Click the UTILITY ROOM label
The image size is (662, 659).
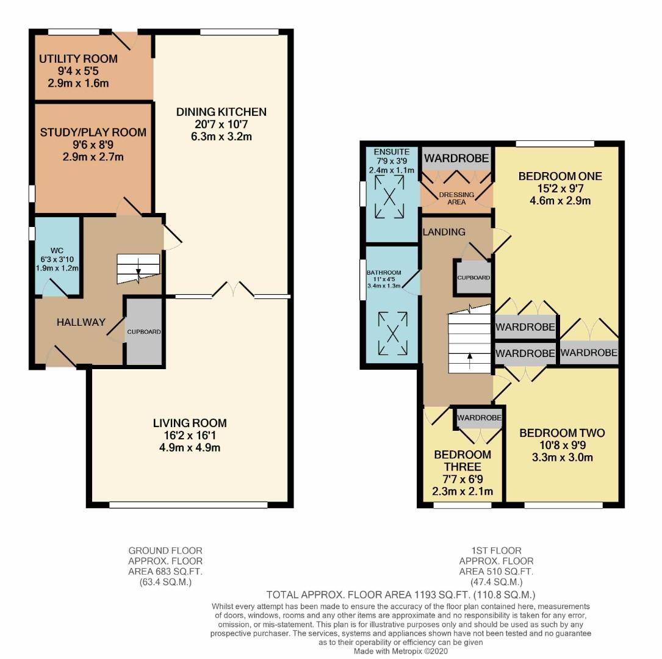pos(78,59)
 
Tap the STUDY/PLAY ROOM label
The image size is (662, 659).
pos(93,132)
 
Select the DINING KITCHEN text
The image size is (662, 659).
pos(221,112)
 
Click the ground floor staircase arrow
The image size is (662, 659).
pos(139,267)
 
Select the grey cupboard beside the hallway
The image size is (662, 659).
pos(144,332)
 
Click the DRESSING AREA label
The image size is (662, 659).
pos(456,198)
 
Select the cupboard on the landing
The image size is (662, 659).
pos(473,278)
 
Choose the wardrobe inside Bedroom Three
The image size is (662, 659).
pos(480,418)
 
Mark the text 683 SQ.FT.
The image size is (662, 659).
pos(178,572)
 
